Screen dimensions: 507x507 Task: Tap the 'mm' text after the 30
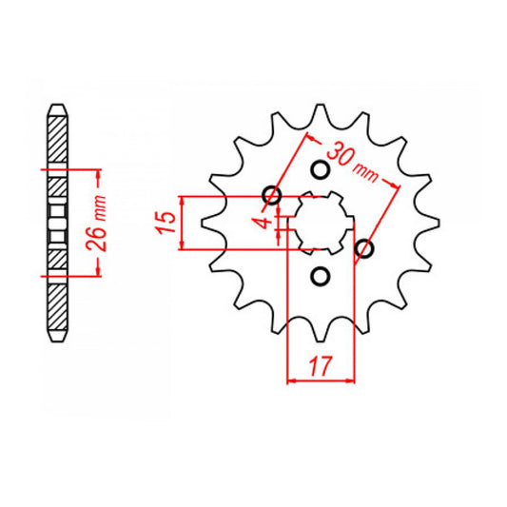tap(365, 174)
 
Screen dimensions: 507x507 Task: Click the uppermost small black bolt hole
tap(320, 169)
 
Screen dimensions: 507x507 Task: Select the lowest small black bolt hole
tap(320, 278)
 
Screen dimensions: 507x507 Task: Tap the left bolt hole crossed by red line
tap(274, 197)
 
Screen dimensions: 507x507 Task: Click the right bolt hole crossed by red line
tap(363, 249)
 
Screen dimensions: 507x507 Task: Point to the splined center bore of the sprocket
tap(320, 223)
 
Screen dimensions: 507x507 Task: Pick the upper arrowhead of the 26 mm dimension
tap(97, 175)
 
